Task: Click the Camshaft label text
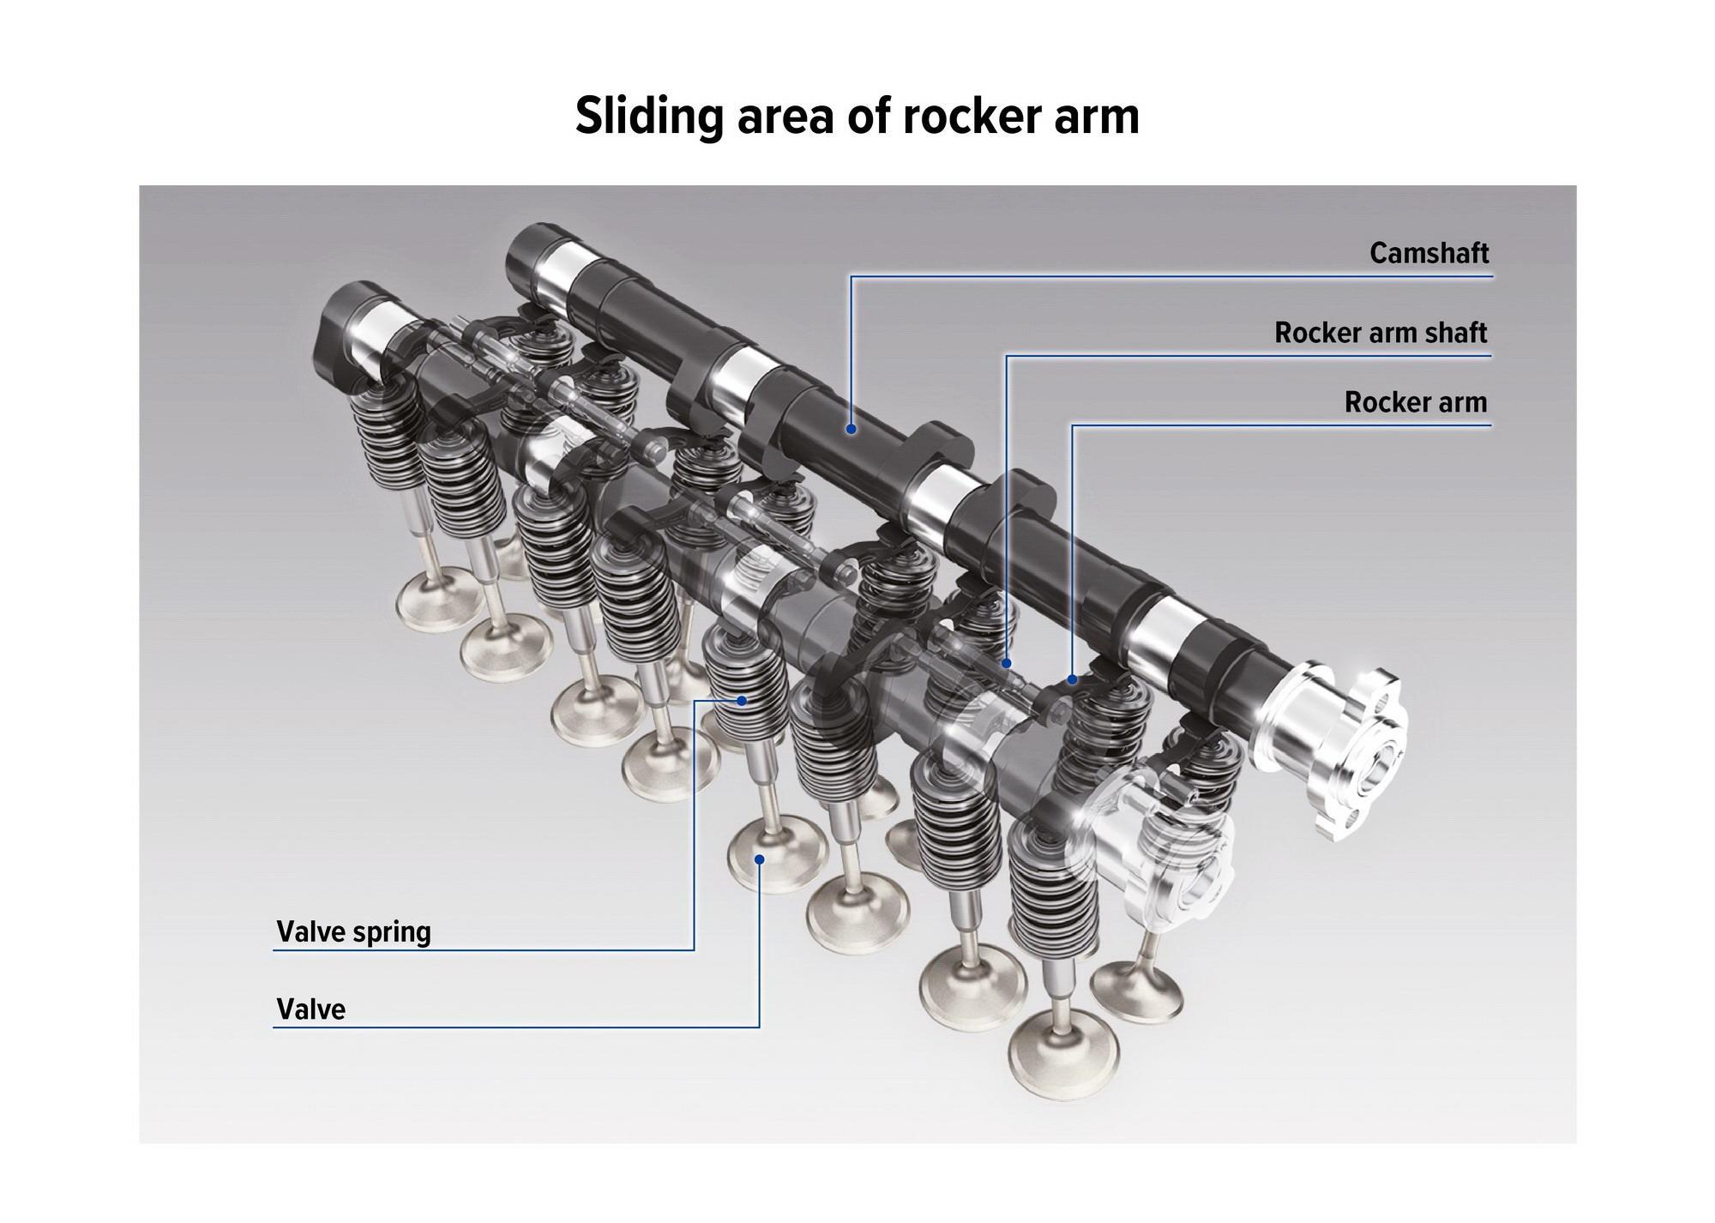(x=1429, y=253)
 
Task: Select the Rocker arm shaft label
(x=1381, y=333)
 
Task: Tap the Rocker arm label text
(x=1416, y=402)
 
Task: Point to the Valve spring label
(x=353, y=931)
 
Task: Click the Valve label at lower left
(x=310, y=1009)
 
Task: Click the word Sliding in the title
(x=649, y=116)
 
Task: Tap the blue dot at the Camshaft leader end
(x=851, y=428)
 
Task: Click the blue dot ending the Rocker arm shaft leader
(x=1007, y=663)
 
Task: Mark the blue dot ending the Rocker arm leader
(x=1072, y=680)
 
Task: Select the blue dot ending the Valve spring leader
(x=743, y=700)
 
